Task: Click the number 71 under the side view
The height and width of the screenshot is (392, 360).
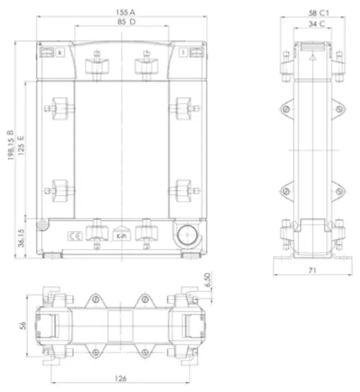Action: (313, 271)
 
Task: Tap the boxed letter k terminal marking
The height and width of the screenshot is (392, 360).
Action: (60, 52)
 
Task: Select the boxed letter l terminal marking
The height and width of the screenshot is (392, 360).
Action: (183, 52)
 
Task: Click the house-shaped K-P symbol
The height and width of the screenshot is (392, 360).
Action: (120, 236)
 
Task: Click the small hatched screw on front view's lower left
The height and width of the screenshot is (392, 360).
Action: (42, 225)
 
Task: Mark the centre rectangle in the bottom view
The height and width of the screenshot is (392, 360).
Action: (120, 326)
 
